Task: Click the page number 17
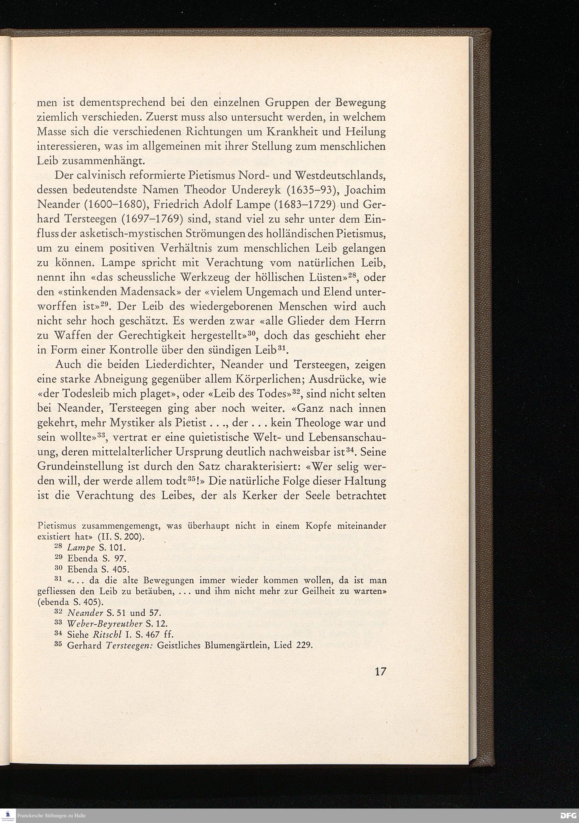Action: point(380,671)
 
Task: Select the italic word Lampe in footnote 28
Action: point(81,548)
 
